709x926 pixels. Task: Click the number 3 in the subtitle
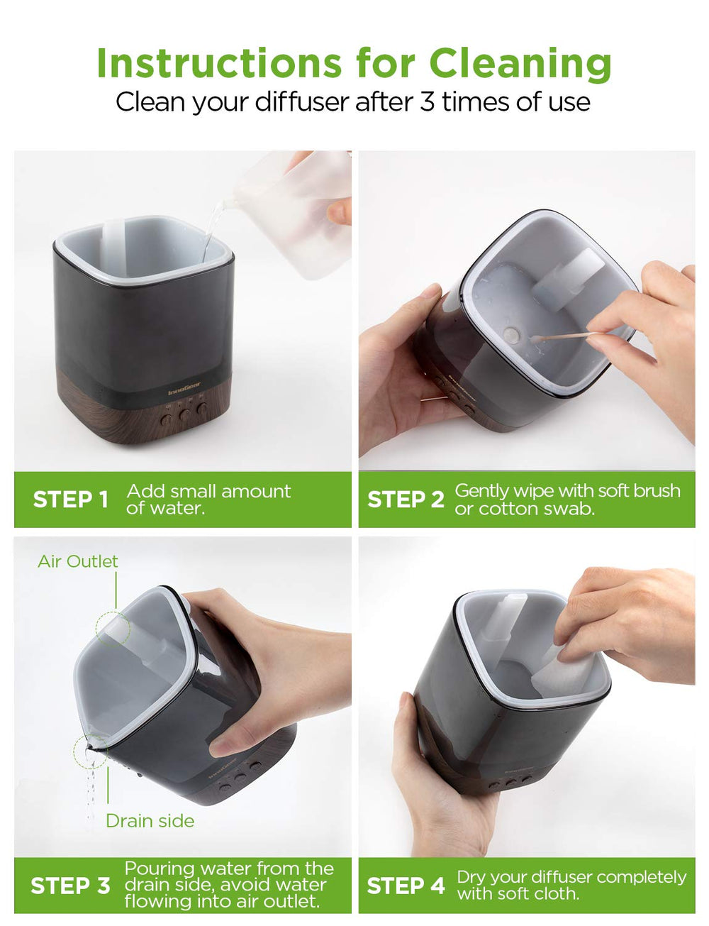pos(427,101)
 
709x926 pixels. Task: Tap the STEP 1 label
pos(70,500)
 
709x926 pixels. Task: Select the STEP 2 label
pos(405,500)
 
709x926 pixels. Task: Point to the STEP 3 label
pos(70,886)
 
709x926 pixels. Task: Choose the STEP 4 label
pos(405,886)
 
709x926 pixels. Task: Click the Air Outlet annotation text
pos(77,561)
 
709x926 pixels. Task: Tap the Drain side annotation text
pos(150,821)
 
